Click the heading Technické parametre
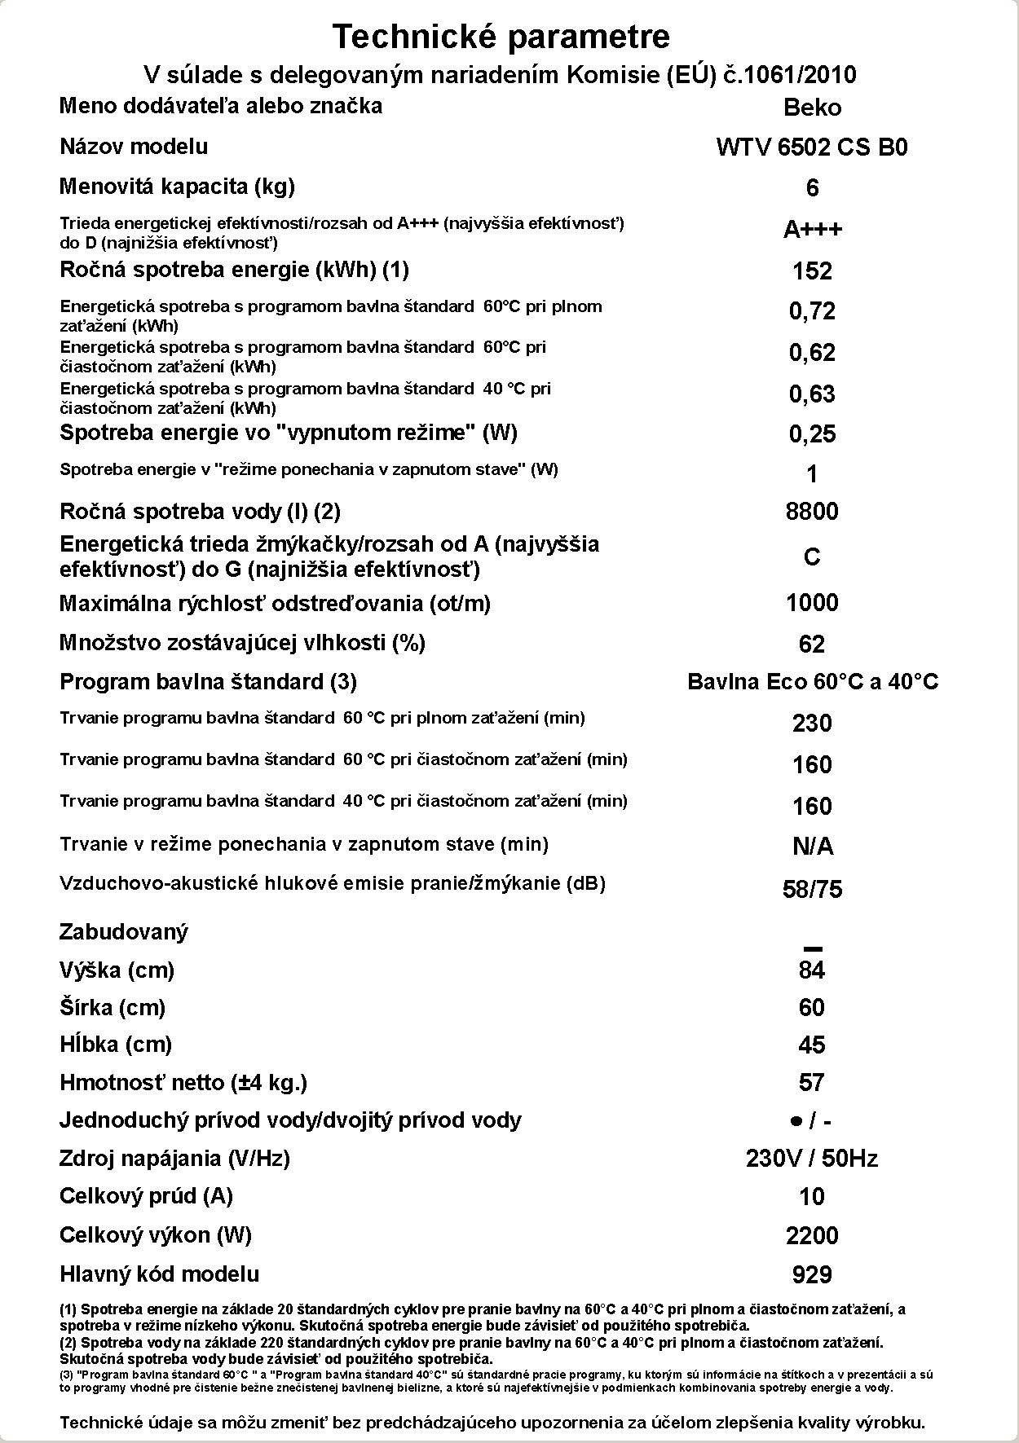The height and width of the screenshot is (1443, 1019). point(501,37)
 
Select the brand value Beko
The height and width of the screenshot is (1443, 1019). point(812,108)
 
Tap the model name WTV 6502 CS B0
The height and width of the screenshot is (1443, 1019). point(812,147)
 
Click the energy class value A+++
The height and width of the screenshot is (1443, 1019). point(812,230)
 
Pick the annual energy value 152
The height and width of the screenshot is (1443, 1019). point(812,271)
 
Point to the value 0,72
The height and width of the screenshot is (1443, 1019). point(812,311)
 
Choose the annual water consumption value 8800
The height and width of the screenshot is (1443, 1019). point(812,512)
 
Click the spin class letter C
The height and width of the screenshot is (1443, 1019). point(812,557)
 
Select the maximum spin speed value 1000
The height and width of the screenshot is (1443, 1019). point(812,603)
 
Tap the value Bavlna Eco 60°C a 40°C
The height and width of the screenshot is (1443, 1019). point(813,682)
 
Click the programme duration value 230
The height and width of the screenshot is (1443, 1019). point(812,724)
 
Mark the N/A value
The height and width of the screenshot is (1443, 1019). point(812,847)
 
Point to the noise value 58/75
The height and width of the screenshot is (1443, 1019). point(812,889)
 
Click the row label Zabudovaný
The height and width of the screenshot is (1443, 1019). point(124,932)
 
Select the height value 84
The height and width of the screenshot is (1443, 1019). point(812,970)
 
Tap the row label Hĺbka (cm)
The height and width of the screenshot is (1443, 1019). point(116,1045)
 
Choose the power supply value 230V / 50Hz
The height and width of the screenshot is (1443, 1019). point(812,1159)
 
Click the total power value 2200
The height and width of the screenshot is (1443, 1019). point(812,1236)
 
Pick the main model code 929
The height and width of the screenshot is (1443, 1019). point(812,1275)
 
